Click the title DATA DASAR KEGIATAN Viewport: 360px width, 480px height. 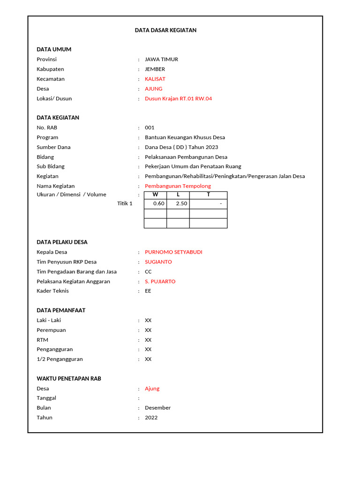pyautogui.click(x=165, y=30)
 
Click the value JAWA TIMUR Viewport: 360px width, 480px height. pyautogui.click(x=161, y=60)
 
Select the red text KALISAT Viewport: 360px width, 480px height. pyautogui.click(x=155, y=79)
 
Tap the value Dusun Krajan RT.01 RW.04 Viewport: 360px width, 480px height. pyautogui.click(x=178, y=99)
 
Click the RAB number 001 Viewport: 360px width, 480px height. pyautogui.click(x=150, y=127)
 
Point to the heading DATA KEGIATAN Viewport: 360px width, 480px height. pyautogui.click(x=58, y=118)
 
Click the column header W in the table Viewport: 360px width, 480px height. pyautogui.click(x=155, y=195)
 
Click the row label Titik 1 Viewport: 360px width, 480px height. pyautogui.click(x=125, y=203)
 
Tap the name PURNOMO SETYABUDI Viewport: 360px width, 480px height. pyautogui.click(x=173, y=252)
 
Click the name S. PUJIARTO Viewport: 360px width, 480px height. pyautogui.click(x=160, y=282)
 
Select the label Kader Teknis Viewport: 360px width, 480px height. pyautogui.click(x=52, y=291)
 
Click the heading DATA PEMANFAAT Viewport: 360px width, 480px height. pyautogui.click(x=61, y=310)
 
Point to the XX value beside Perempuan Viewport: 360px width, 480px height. pyautogui.click(x=148, y=330)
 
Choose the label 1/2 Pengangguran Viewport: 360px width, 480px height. pyautogui.click(x=60, y=359)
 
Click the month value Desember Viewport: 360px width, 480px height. pyautogui.click(x=157, y=408)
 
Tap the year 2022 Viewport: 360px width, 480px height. pyautogui.click(x=151, y=418)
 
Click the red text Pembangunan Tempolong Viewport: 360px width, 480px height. pyautogui.click(x=178, y=186)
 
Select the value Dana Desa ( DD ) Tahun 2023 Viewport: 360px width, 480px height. pyautogui.click(x=181, y=147)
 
